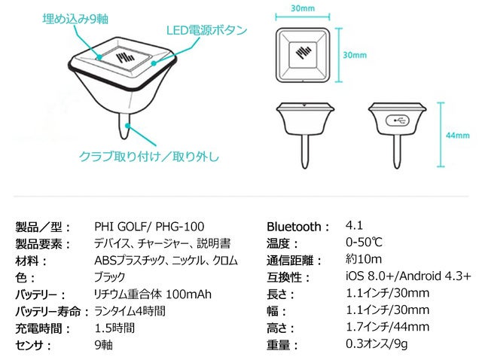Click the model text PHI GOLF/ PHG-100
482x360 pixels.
coord(149,227)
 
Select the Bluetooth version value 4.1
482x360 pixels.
coord(354,225)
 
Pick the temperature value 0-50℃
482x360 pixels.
coord(365,243)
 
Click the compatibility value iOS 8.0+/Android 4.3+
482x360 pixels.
coord(408,276)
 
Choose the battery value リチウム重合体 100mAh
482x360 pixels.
coord(153,294)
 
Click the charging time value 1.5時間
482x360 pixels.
coord(114,328)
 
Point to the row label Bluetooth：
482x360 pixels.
coord(298,227)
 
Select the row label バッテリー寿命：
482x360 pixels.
coord(52,311)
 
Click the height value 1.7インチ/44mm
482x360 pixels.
coord(387,328)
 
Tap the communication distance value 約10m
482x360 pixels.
coord(365,260)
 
